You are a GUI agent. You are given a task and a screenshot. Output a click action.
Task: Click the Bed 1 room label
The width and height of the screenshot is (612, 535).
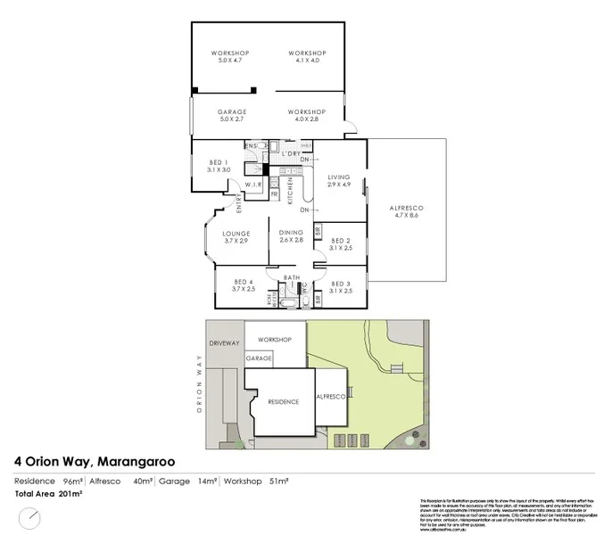219,165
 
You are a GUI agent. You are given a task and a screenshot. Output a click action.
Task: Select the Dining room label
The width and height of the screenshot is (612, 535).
292,236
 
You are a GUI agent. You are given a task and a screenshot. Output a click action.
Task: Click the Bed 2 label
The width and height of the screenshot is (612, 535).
341,243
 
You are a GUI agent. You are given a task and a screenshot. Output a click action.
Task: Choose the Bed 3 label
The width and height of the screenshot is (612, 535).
341,287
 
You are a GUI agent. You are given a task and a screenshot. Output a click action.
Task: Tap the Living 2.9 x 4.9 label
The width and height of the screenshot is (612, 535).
339,181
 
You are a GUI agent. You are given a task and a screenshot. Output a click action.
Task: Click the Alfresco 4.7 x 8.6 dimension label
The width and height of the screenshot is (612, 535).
406,211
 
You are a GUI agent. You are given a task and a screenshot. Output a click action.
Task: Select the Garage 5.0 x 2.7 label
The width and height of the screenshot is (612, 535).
232,115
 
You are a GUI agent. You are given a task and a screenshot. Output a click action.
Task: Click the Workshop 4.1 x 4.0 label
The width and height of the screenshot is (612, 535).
303,56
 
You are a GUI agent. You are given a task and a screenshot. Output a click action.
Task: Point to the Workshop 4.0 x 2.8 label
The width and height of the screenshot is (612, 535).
303,115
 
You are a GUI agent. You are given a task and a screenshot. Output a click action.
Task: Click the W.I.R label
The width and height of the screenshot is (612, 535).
252,186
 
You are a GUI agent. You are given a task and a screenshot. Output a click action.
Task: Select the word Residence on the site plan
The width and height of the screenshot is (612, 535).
283,402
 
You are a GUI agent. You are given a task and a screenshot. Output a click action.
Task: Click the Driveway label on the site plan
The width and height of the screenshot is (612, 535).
225,342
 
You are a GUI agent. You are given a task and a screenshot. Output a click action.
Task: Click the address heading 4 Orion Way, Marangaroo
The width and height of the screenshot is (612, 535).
95,462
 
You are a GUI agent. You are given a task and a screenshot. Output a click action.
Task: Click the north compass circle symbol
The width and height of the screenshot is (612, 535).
30,518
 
